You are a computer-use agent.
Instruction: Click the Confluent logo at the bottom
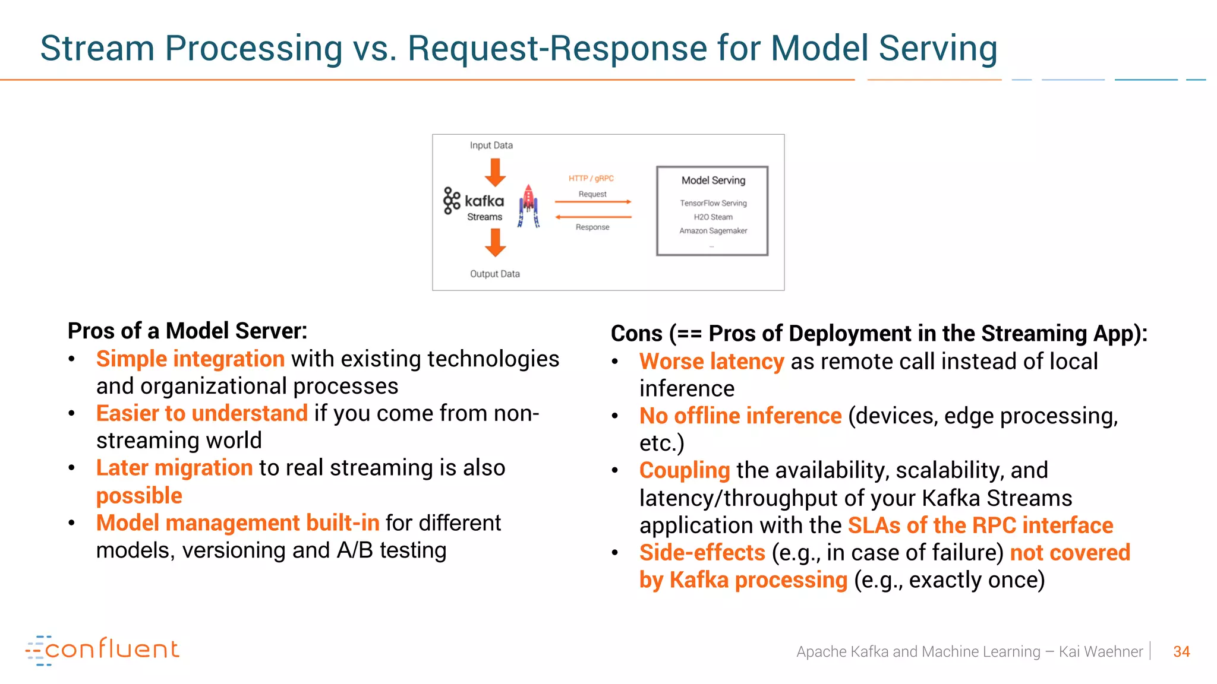102,650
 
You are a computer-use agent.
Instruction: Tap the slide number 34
1181,652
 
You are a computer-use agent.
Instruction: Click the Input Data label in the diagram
491,145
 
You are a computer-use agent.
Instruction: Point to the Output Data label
494,274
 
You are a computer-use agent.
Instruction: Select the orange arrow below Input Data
495,173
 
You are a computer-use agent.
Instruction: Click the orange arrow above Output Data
495,242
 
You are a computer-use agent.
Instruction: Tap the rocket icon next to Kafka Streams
528,205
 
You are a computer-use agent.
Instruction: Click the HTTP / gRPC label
591,178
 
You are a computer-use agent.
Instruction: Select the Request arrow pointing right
592,202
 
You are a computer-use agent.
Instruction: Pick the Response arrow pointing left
592,217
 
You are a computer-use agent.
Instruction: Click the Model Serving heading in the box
713,180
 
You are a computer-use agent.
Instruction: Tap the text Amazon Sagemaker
713,231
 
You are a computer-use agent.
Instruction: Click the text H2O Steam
713,217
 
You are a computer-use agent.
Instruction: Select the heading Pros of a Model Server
187,331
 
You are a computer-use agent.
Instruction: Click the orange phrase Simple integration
190,359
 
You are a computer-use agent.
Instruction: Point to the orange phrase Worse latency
711,362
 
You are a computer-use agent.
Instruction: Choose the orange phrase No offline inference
740,416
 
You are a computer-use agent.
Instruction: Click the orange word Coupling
684,470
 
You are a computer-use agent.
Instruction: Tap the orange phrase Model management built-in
238,523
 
